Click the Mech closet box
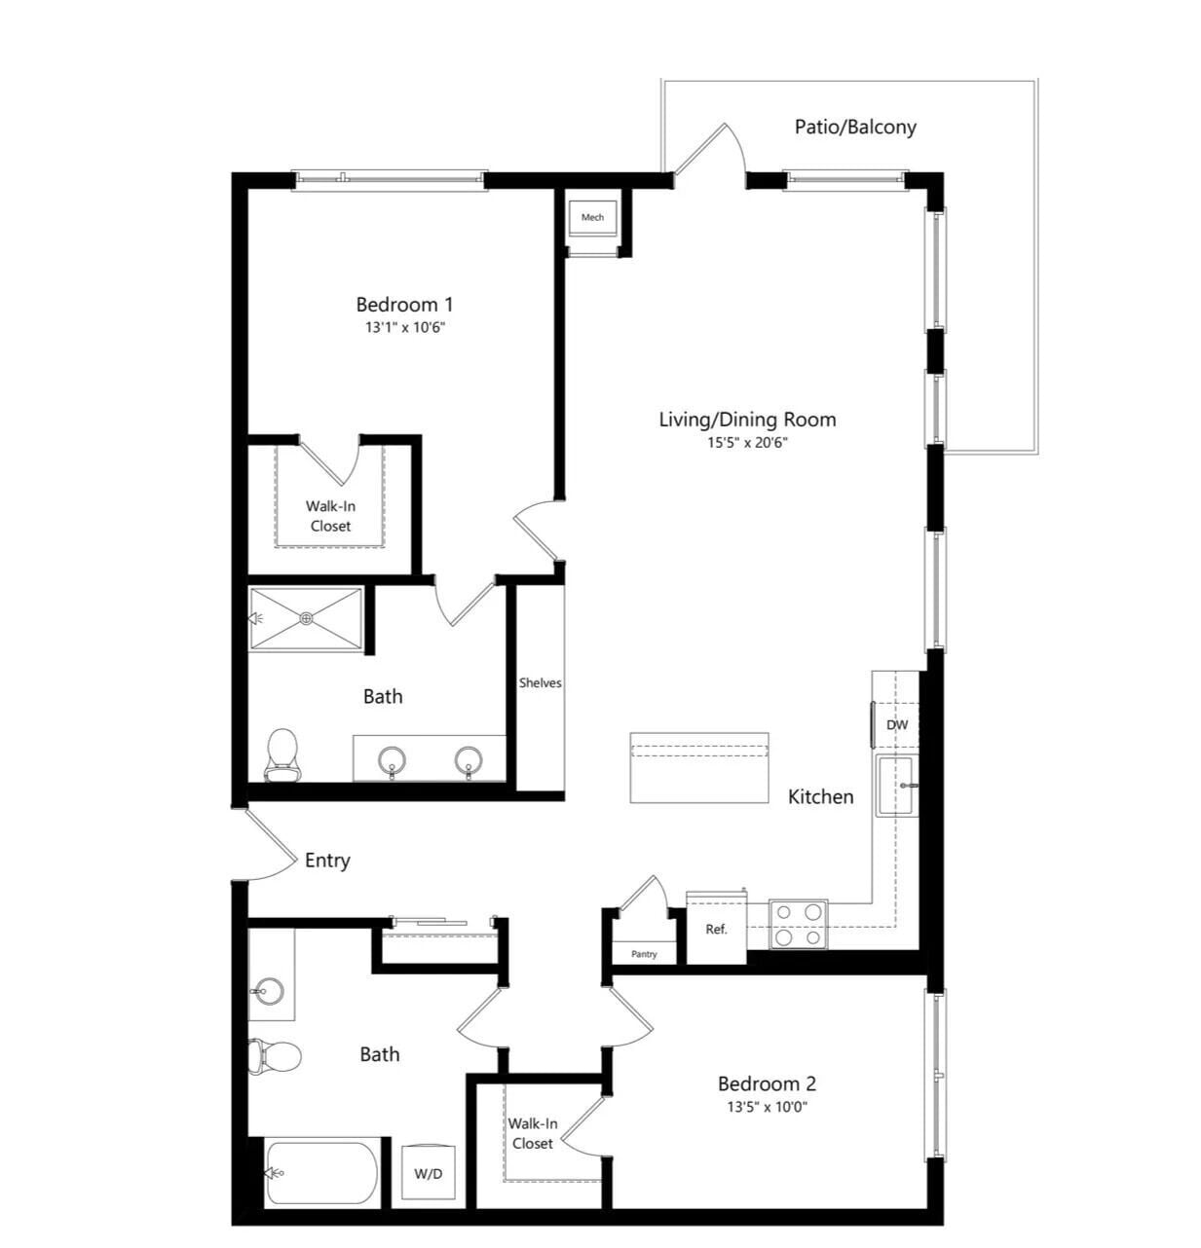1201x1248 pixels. click(592, 217)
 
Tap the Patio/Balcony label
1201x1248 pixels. click(854, 127)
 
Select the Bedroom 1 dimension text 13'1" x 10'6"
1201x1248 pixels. click(405, 328)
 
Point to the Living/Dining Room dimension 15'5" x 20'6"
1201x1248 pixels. click(747, 443)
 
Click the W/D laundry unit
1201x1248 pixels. click(429, 1173)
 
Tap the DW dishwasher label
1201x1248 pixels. click(897, 725)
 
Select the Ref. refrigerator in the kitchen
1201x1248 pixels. click(716, 930)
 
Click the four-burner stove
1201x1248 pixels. click(798, 924)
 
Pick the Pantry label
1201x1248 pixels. click(644, 954)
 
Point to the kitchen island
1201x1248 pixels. click(698, 767)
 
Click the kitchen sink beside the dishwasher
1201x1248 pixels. click(895, 786)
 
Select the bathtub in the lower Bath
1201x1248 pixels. click(321, 1173)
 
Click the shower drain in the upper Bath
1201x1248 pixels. click(306, 618)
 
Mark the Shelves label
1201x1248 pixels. click(540, 683)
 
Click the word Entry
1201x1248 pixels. click(327, 861)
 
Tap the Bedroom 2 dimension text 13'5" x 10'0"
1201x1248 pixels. click(768, 1107)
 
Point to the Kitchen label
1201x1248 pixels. click(820, 796)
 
